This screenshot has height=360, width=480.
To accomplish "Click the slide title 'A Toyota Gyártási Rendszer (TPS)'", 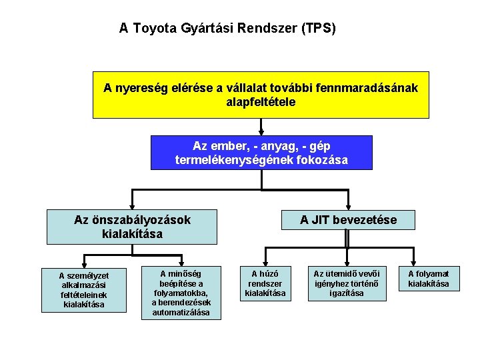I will (227, 29).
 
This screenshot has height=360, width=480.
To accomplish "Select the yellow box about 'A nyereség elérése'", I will (261, 95).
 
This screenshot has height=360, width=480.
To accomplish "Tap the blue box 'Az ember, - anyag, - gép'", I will (261, 153).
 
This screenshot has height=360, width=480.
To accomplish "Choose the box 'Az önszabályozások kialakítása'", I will (132, 227).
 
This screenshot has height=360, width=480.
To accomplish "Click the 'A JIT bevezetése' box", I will (348, 219).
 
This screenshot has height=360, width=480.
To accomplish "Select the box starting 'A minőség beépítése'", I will (181, 293).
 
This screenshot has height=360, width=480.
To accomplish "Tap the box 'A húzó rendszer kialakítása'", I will (265, 283).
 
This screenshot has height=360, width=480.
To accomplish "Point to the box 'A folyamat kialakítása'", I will (429, 279).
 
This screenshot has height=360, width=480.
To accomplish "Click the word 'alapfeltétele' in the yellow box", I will (261, 103).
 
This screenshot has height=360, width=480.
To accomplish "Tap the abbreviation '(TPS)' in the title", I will (319, 29).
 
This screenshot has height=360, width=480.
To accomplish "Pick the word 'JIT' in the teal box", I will (322, 219).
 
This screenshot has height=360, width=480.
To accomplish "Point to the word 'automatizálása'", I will (181, 312).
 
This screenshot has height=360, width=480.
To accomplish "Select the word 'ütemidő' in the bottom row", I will (340, 273).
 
